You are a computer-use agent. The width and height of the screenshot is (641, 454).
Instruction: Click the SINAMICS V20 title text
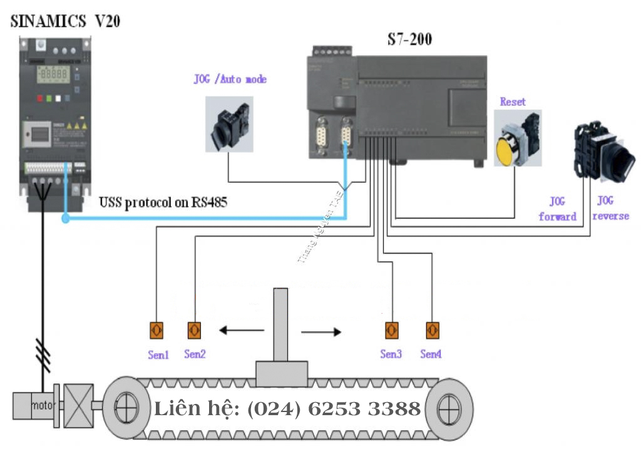pos(66,22)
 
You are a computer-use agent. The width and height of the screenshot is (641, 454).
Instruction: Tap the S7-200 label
pos(408,39)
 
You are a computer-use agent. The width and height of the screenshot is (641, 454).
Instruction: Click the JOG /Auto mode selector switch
pos(228,125)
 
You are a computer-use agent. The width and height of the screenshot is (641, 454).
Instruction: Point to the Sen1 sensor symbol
pos(156,330)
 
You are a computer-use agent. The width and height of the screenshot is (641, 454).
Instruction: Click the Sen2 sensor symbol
pos(195,330)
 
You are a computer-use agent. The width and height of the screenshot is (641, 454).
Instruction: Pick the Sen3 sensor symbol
pos(391,330)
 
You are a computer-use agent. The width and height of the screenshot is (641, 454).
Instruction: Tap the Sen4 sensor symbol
pos(431,330)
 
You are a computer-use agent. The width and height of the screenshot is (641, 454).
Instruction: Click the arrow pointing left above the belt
pos(240,329)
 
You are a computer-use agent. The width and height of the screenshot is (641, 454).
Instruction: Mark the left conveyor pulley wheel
pos(126,409)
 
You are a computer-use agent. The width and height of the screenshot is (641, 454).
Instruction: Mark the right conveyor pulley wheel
pos(448,410)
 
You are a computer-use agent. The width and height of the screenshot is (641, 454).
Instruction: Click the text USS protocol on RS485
pos(163,202)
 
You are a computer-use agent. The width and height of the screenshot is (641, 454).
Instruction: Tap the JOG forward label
pos(557,209)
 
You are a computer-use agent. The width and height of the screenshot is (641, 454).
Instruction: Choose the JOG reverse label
pos(610,209)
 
